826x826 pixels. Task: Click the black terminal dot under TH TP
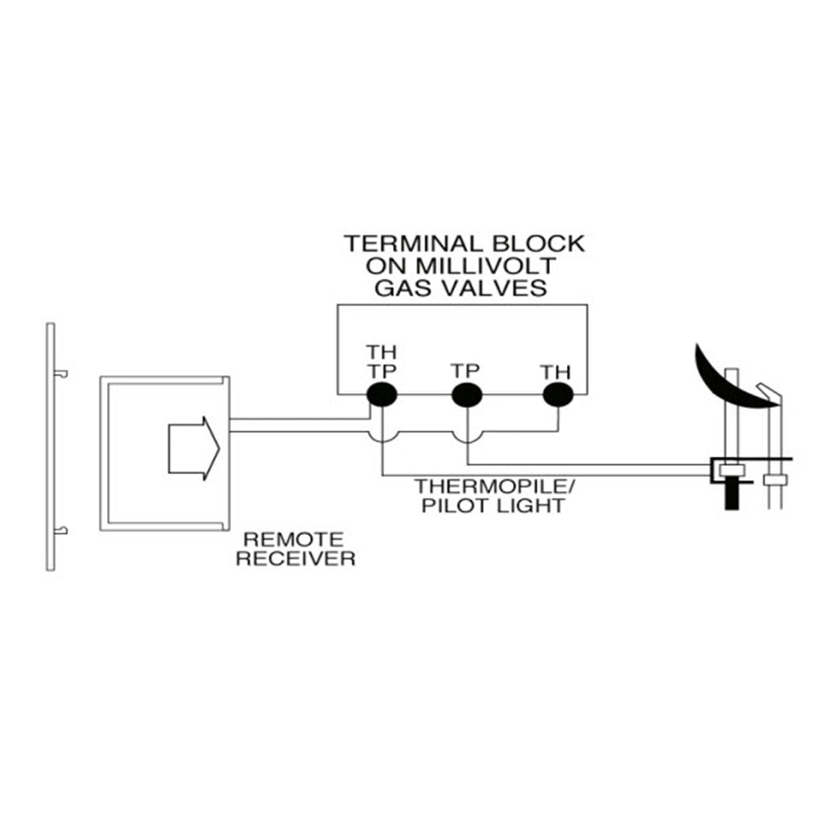coord(382,394)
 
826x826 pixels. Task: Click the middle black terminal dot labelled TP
coord(466,394)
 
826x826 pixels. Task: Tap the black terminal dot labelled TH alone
coord(557,394)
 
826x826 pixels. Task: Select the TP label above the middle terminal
coord(466,370)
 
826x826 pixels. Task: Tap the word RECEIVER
coord(295,558)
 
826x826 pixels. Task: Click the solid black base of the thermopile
coord(732,493)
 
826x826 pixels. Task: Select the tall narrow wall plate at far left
coord(51,447)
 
